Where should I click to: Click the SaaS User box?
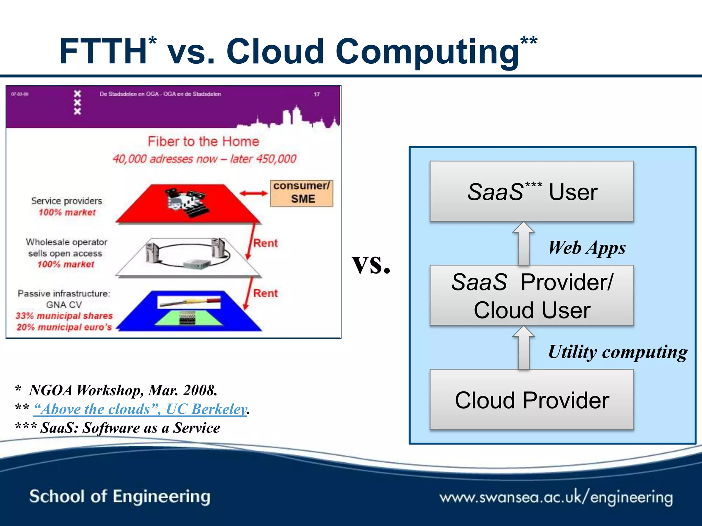[x=532, y=191]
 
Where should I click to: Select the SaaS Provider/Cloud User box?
[x=532, y=296]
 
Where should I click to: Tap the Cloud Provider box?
[x=532, y=400]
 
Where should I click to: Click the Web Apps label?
[x=587, y=248]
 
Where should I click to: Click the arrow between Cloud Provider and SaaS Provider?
[x=523, y=348]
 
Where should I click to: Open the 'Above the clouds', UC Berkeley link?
[x=140, y=409]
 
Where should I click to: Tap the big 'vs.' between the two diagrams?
[x=371, y=264]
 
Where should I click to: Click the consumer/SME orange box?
[x=301, y=193]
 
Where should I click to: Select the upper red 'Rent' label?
[x=265, y=243]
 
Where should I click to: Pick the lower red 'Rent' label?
[x=265, y=293]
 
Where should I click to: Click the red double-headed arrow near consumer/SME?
[x=253, y=193]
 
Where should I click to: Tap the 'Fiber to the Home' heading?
[x=203, y=141]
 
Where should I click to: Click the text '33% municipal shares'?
[x=64, y=316]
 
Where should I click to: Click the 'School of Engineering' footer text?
[x=120, y=497]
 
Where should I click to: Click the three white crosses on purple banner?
[x=77, y=102]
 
